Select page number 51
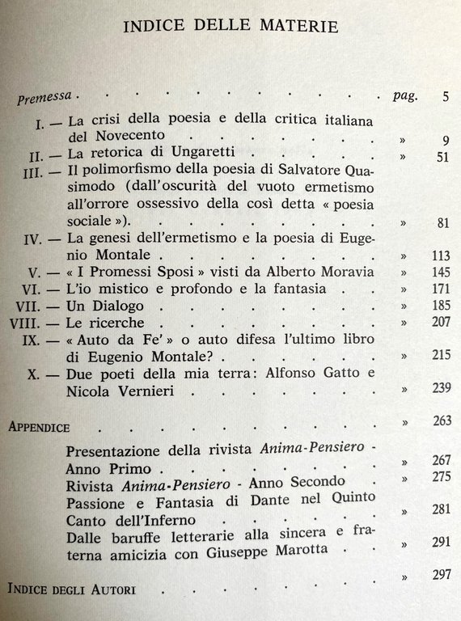441,157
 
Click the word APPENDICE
40,425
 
